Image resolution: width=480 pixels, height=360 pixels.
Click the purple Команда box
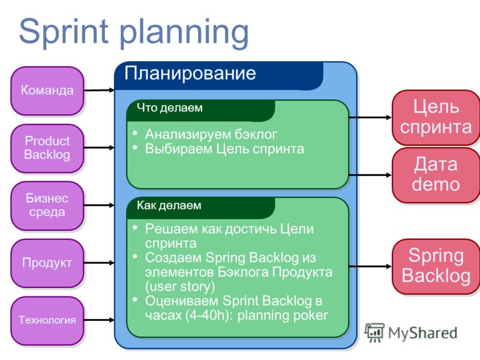(x=47, y=91)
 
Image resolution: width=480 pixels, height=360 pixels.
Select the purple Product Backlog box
(x=47, y=148)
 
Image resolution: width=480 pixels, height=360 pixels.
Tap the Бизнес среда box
(x=47, y=206)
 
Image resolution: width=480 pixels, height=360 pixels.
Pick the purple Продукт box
(x=47, y=263)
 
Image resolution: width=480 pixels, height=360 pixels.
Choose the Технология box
(x=47, y=320)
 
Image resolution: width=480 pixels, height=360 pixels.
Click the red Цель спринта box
(x=436, y=117)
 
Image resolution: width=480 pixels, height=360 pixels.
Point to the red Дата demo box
(x=436, y=175)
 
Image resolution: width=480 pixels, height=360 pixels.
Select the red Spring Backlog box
(x=436, y=266)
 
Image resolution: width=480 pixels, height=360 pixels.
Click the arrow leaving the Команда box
(x=99, y=90)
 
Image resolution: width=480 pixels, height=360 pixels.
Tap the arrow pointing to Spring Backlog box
(x=370, y=266)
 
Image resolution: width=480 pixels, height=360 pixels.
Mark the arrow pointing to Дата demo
(x=370, y=175)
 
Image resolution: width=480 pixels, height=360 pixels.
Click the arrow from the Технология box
(x=99, y=320)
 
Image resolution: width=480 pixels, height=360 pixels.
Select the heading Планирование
(x=190, y=73)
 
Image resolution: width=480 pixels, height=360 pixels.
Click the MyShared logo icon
(x=374, y=333)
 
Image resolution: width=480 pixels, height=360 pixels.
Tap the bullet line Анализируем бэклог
(x=211, y=134)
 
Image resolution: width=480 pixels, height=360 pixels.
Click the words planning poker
(x=283, y=316)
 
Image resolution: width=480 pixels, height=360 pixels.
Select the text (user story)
(x=180, y=287)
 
